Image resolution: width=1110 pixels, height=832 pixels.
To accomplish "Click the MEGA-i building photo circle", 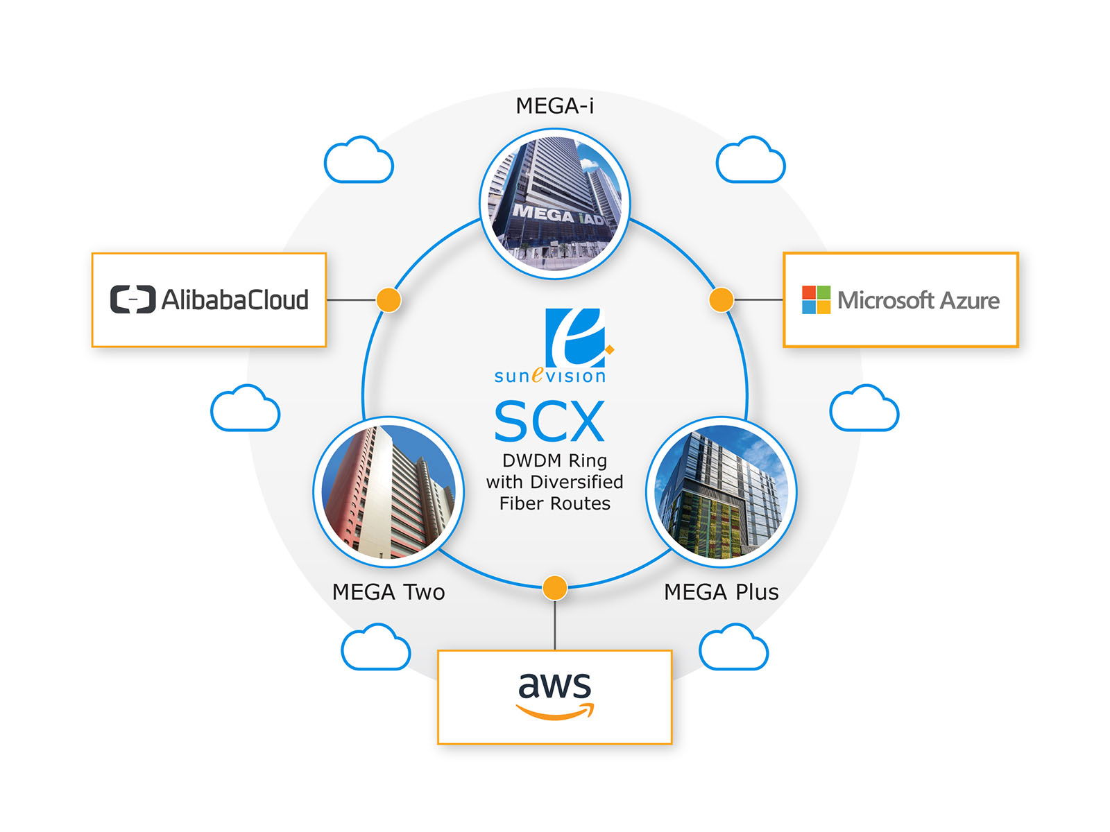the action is click(x=554, y=204).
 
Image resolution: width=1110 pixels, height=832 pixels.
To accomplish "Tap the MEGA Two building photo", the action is click(x=388, y=492).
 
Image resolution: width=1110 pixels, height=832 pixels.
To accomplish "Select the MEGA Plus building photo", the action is click(x=721, y=492).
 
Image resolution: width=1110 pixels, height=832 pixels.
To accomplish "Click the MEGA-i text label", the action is click(x=554, y=106).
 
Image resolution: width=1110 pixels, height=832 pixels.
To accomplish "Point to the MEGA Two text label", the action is click(x=388, y=591).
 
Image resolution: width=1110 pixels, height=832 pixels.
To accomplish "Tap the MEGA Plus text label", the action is click(x=721, y=591).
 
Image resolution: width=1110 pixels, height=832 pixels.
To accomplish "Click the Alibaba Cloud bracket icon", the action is click(x=133, y=300).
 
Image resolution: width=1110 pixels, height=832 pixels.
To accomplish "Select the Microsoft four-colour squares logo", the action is click(x=816, y=300).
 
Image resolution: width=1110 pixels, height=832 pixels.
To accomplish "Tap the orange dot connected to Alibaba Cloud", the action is click(x=388, y=300).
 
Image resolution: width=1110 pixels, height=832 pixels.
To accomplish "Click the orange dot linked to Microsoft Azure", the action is click(x=721, y=300).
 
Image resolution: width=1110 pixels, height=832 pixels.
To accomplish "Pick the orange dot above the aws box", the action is click(x=555, y=588).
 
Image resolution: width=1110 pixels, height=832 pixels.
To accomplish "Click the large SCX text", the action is click(x=549, y=421).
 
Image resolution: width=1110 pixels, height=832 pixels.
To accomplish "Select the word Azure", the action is click(x=969, y=301).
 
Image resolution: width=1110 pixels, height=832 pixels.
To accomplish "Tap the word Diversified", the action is click(x=577, y=482).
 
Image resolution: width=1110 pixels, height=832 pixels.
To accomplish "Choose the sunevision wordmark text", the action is click(x=549, y=376).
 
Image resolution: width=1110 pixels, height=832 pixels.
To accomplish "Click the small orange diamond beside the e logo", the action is click(x=610, y=349).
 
